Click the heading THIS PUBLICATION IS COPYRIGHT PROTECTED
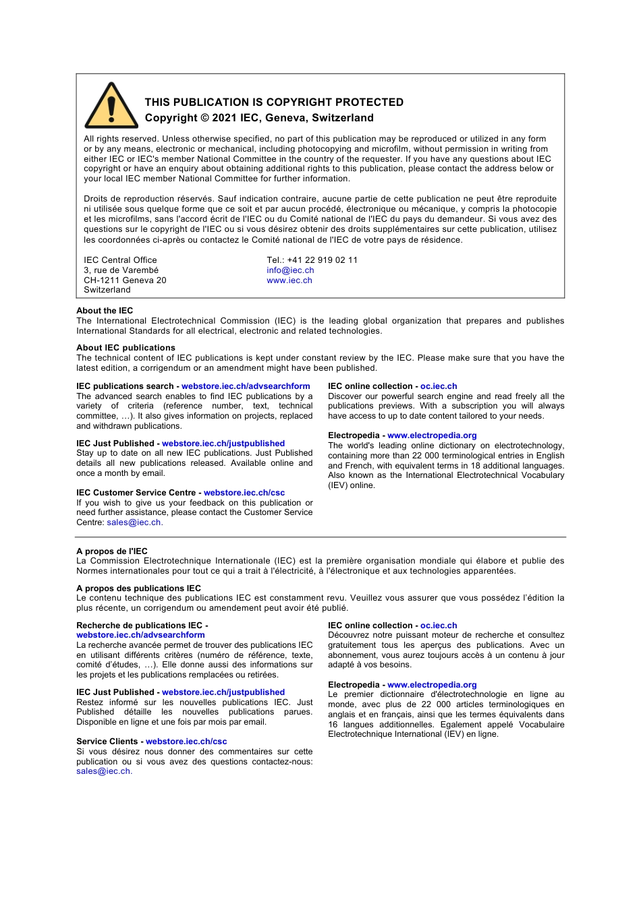[274, 102]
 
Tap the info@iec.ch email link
[290, 270]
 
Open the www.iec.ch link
[289, 280]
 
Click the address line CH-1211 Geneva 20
[125, 280]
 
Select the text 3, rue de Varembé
[121, 270]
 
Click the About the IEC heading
[105, 311]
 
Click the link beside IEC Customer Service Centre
[244, 493]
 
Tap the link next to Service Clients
[186, 742]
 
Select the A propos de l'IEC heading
[112, 551]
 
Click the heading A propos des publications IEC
[138, 588]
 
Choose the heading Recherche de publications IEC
[140, 626]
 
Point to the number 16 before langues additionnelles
[333, 725]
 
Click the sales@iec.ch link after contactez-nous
[103, 771]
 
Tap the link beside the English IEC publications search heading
[246, 386]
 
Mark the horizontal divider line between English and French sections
[320, 537]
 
